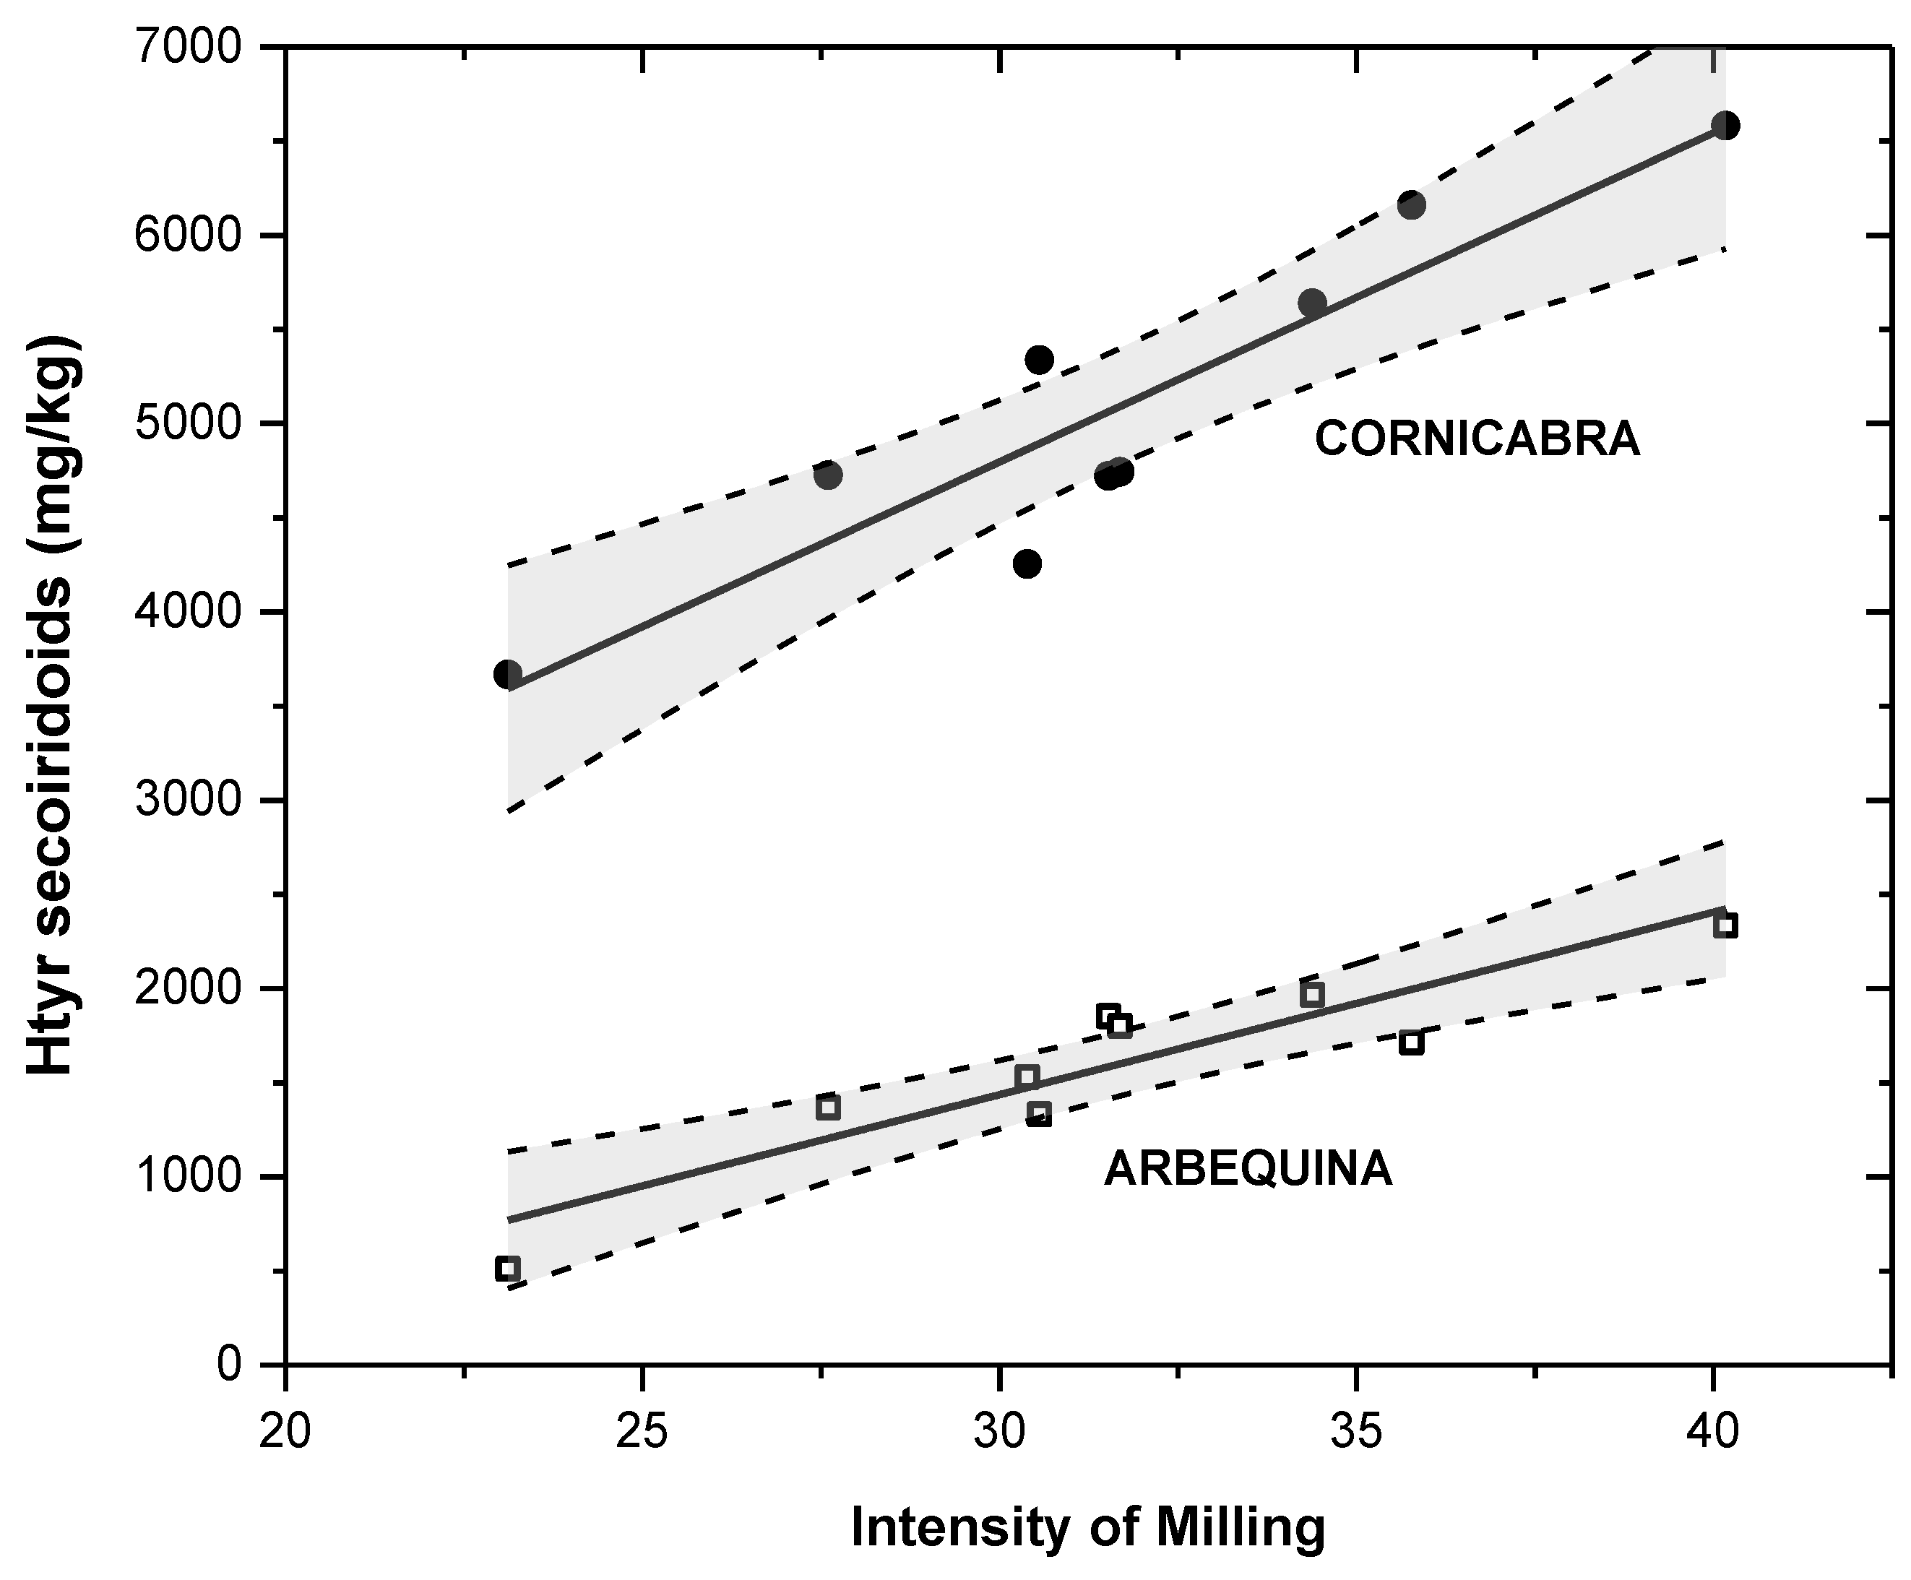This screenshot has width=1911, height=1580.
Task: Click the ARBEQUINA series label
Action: click(1248, 1169)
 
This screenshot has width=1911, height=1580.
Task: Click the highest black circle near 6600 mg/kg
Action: click(1725, 126)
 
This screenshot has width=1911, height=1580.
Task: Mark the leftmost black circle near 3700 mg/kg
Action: click(507, 675)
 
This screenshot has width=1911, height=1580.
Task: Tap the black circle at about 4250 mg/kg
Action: click(1027, 564)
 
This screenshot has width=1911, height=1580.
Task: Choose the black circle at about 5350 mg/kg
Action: click(1038, 360)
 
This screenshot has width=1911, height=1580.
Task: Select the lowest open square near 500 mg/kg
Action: click(507, 1269)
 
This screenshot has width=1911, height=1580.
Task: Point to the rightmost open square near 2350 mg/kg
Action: click(1725, 925)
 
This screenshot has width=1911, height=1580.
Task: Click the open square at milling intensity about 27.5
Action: click(827, 1108)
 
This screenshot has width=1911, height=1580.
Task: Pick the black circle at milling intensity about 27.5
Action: click(827, 474)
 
